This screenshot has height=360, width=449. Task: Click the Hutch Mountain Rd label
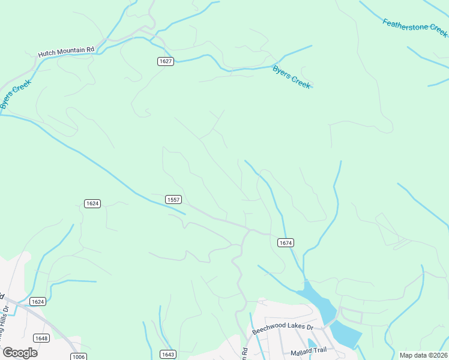click(67, 53)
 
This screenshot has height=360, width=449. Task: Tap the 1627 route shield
click(166, 61)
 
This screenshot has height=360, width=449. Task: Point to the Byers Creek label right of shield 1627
click(292, 77)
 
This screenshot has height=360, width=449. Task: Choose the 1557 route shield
click(173, 199)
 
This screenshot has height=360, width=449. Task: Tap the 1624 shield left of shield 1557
click(92, 203)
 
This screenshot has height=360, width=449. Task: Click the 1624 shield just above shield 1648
click(38, 301)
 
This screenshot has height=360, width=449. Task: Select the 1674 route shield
click(286, 242)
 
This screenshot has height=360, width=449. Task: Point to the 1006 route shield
click(77, 356)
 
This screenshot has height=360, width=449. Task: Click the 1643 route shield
click(168, 355)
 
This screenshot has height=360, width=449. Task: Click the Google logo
click(20, 353)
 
